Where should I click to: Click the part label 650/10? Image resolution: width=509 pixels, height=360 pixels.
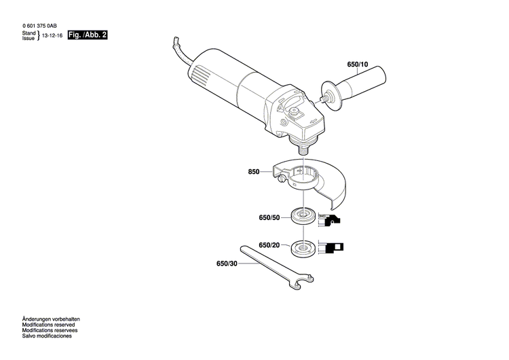point(357,65)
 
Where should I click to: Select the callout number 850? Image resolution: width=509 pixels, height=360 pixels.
point(254,172)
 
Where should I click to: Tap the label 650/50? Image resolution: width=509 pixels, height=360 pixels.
point(269,217)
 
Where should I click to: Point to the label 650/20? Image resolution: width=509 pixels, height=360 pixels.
point(269,245)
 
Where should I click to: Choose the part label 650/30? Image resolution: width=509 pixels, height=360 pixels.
point(227,264)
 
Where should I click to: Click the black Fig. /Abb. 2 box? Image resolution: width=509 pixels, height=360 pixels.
point(88,34)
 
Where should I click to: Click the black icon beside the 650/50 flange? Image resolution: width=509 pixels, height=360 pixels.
point(332,219)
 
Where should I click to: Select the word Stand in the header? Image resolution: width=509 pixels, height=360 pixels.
point(29,32)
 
